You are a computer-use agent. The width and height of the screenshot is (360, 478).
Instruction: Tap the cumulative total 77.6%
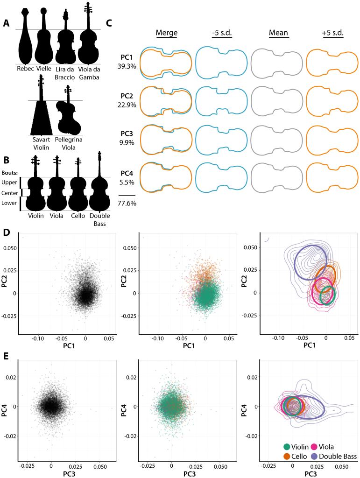point(127,204)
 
